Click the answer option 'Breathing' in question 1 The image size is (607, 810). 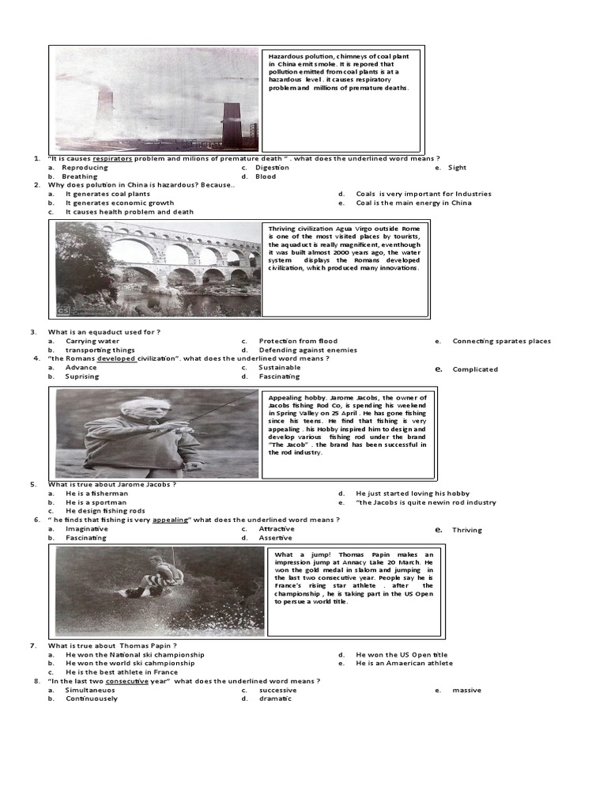[80, 176]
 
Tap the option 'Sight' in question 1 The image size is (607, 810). [457, 168]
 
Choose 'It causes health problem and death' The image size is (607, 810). [129, 212]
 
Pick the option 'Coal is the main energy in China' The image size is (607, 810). [413, 202]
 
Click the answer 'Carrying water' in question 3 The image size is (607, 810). [92, 341]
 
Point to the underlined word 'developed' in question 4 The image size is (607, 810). [117, 358]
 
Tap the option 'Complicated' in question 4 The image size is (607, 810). [475, 369]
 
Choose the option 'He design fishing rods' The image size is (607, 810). [104, 511]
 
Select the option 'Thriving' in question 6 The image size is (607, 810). [467, 530]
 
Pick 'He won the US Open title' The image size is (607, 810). [401, 655]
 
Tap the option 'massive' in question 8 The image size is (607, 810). [466, 691]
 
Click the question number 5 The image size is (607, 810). [34, 484]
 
